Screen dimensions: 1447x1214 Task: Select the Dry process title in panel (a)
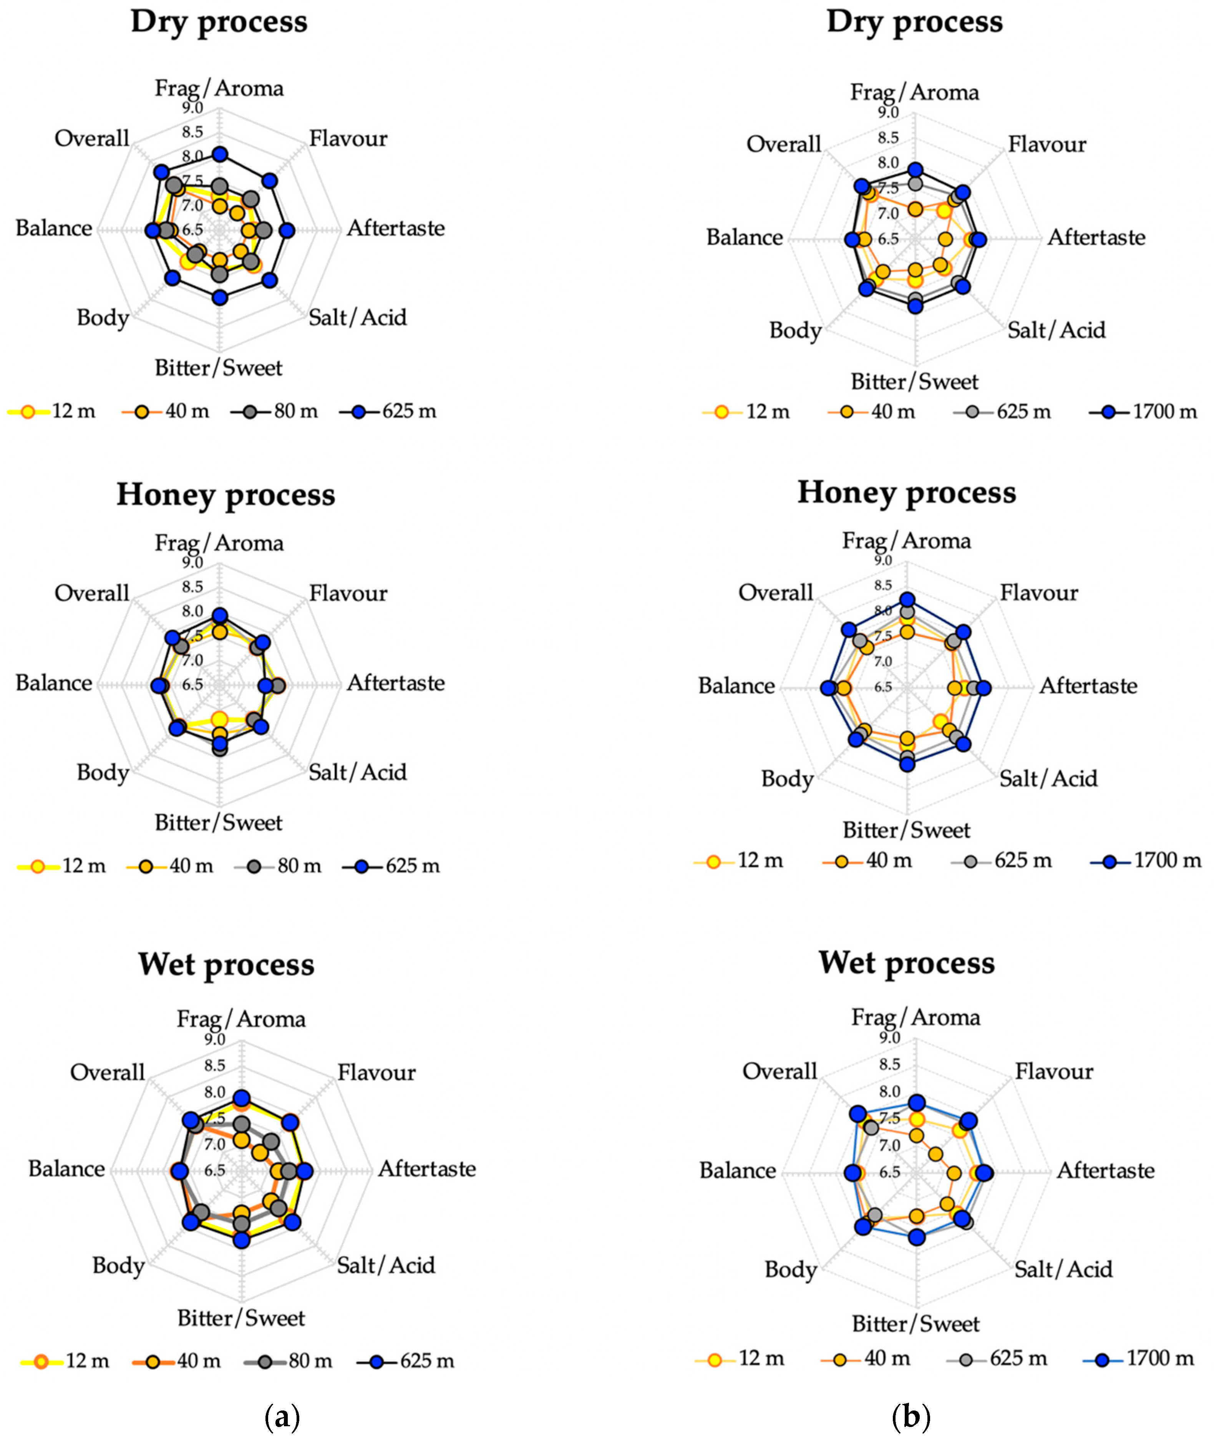tap(219, 22)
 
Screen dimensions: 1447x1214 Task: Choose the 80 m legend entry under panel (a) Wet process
tap(289, 1361)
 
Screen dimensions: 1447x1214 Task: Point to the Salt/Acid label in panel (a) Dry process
tap(358, 318)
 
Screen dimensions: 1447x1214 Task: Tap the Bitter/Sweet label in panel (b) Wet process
tap(915, 1324)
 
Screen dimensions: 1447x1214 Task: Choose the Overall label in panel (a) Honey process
tap(92, 593)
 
